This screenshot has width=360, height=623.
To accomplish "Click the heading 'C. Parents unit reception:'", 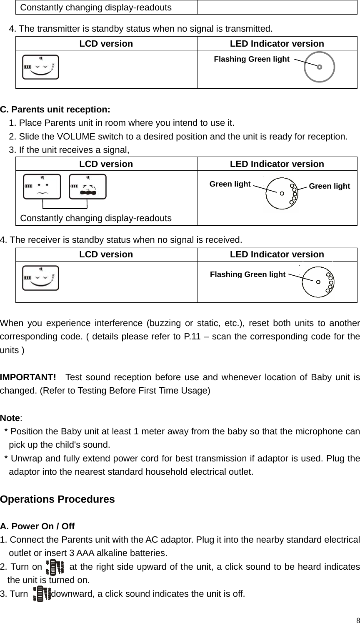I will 55,110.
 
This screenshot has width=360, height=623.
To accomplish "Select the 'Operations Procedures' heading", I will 57,499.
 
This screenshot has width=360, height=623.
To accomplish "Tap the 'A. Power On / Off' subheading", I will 37,526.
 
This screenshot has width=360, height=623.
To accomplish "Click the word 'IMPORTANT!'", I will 28,378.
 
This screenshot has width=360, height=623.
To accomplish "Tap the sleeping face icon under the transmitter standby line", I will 41,67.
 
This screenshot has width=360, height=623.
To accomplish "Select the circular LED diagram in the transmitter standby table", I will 319,67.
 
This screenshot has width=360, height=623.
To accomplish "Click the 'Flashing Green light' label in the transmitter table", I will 251,59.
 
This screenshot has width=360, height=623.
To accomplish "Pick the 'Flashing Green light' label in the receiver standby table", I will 247,274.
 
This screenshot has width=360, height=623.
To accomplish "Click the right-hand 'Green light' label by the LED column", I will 329,186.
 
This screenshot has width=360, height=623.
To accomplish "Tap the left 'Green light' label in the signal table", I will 230,184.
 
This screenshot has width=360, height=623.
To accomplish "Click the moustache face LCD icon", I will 87,186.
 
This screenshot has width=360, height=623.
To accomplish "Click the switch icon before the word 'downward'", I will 42,593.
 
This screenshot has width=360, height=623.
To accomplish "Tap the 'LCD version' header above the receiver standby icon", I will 106,254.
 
